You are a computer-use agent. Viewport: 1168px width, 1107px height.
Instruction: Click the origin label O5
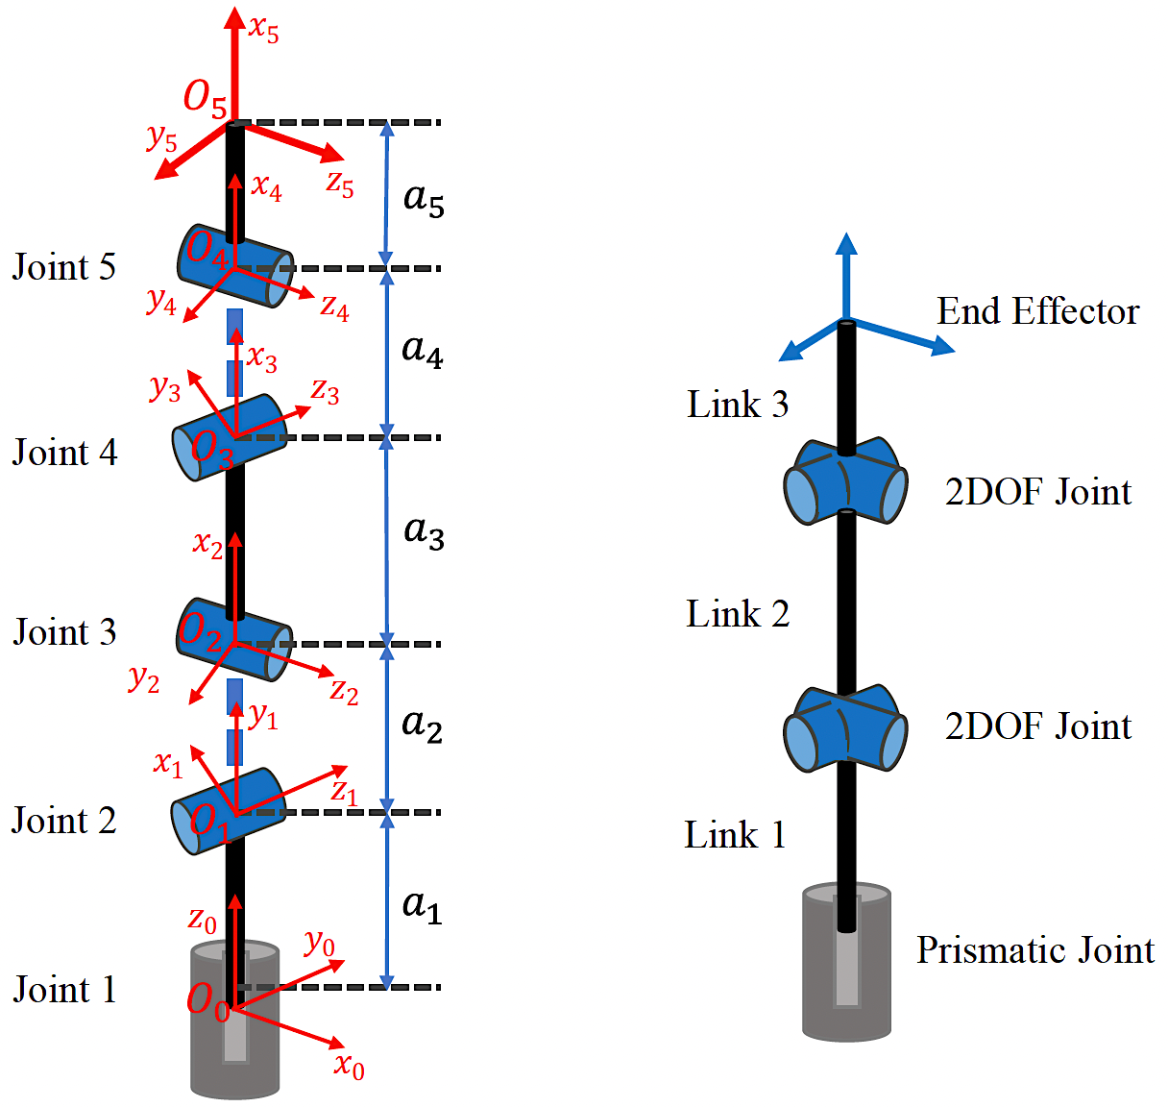206,97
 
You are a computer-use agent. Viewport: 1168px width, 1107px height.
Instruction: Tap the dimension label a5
424,199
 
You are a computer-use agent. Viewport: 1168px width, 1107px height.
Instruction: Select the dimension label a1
422,905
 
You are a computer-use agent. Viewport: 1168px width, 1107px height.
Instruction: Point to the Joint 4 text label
64,452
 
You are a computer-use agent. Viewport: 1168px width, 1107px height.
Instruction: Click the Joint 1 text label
64,989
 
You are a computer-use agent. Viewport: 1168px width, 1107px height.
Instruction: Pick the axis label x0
350,1065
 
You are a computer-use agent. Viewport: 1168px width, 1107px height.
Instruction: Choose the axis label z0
202,920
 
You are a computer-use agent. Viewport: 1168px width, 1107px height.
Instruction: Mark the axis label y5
162,138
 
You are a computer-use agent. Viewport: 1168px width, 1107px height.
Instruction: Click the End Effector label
1037,311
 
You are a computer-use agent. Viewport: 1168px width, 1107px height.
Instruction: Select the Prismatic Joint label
1034,949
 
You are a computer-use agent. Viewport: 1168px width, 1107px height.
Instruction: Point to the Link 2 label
738,614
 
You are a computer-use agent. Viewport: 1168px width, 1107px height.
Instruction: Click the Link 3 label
738,405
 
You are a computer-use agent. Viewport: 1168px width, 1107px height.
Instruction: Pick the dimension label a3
424,530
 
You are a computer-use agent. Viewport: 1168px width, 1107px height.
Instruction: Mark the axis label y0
320,944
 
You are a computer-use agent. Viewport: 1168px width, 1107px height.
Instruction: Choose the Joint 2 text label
64,821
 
